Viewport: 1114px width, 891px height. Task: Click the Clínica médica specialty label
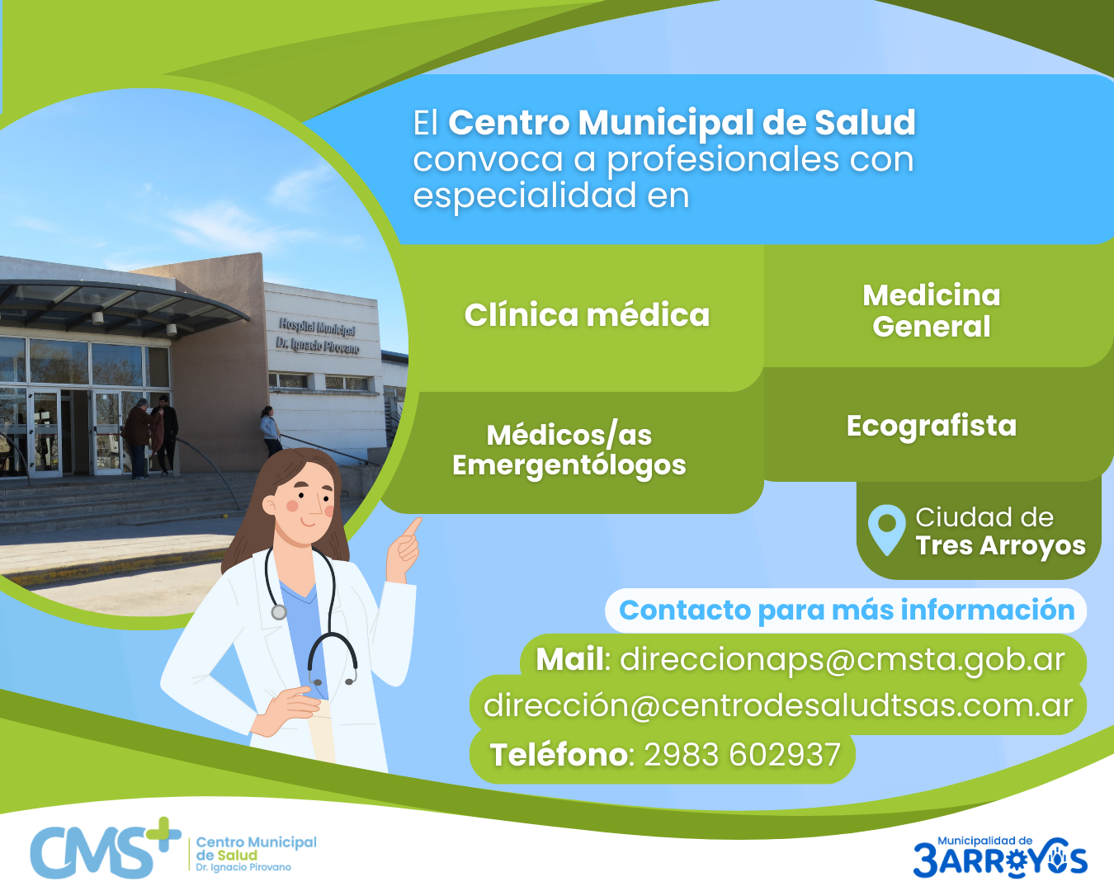[x=587, y=315]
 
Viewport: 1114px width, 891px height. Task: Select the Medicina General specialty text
[x=932, y=311]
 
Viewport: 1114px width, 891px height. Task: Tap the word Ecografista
[x=932, y=426]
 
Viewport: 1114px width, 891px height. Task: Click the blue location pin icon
[x=887, y=529]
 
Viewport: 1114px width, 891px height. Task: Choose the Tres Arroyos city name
[x=1001, y=545]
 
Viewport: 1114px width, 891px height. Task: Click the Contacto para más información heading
[x=847, y=610]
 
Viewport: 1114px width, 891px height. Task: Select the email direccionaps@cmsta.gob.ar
[x=843, y=660]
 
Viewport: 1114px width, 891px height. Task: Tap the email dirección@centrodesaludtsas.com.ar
[x=778, y=705]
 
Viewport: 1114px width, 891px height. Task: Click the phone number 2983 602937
[x=742, y=754]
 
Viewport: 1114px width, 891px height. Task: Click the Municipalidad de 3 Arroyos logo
[x=1000, y=857]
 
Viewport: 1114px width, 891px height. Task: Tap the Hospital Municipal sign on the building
[x=318, y=336]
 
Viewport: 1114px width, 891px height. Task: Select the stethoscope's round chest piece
[x=279, y=612]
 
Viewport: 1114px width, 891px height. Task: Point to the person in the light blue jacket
[x=271, y=431]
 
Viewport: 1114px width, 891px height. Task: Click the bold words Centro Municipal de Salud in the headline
[x=682, y=123]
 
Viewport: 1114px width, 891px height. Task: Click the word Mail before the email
[x=569, y=659]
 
